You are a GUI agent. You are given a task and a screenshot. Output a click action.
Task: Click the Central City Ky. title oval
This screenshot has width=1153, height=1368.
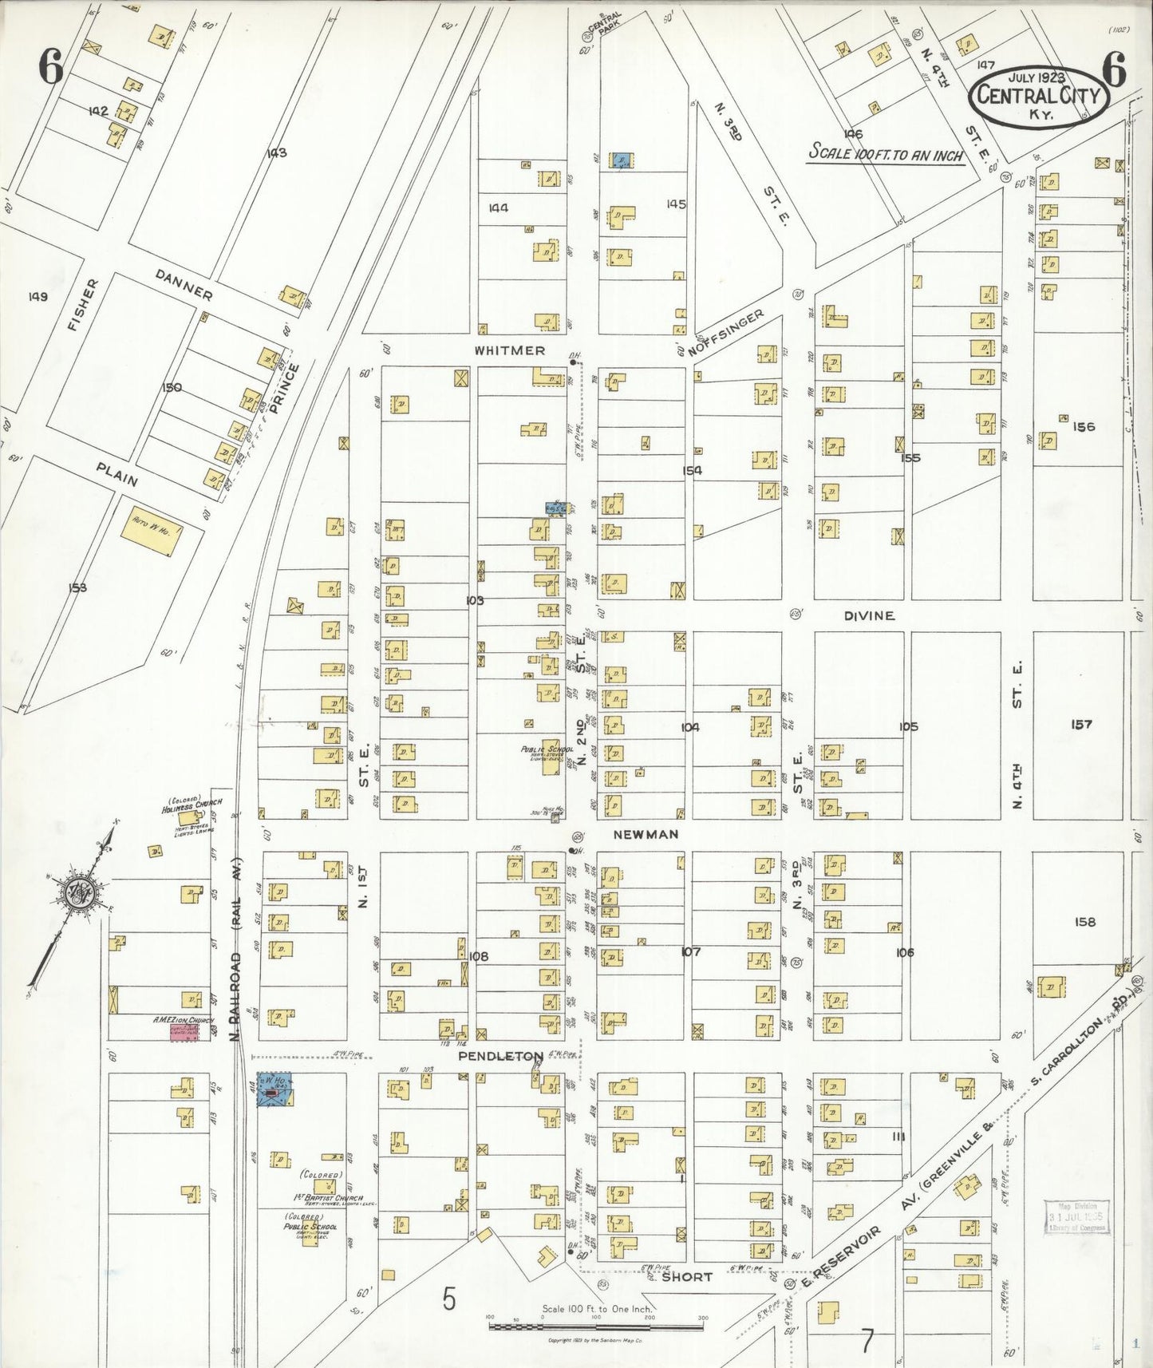point(1039,96)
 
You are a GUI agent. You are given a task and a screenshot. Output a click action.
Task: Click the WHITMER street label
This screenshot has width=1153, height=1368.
point(509,350)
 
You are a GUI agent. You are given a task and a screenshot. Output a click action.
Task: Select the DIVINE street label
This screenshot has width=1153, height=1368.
point(869,615)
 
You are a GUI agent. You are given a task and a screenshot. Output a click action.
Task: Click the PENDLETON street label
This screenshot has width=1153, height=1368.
point(500,1056)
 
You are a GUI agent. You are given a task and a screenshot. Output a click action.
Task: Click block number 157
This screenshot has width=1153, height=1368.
point(1081,724)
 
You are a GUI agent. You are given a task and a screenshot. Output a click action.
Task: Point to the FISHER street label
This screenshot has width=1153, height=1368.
point(85,305)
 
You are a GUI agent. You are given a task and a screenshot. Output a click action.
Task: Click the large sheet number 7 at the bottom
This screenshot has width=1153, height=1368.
point(867,1341)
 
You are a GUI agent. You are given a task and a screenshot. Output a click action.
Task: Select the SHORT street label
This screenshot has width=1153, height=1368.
point(686,1276)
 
